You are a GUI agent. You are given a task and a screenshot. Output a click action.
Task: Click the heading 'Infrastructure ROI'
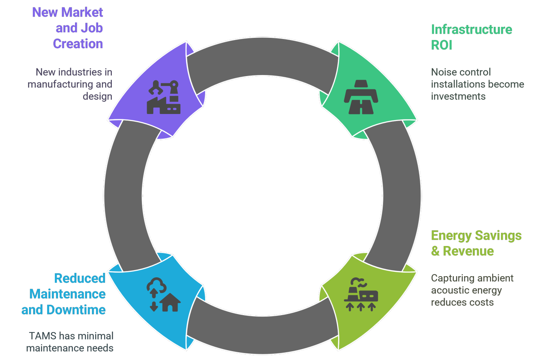[471, 37]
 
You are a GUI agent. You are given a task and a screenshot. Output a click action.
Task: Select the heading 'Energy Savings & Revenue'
[476, 243]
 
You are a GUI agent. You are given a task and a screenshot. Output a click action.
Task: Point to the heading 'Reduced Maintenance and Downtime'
[66, 294]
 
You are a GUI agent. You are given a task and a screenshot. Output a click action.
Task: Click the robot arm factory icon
[164, 97]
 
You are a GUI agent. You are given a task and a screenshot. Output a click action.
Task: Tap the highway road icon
[361, 97]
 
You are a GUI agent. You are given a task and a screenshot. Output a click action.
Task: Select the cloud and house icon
[164, 295]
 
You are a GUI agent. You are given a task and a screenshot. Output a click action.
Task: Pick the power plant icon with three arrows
[361, 295]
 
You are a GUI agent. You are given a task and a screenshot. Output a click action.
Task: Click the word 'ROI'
[441, 45]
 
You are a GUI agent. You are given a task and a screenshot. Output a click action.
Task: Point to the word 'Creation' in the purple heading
[78, 44]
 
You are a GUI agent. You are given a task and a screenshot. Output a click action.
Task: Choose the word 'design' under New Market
[97, 96]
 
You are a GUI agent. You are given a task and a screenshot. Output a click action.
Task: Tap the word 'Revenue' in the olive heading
[468, 251]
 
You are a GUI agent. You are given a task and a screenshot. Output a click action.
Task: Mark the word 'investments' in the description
[458, 96]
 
